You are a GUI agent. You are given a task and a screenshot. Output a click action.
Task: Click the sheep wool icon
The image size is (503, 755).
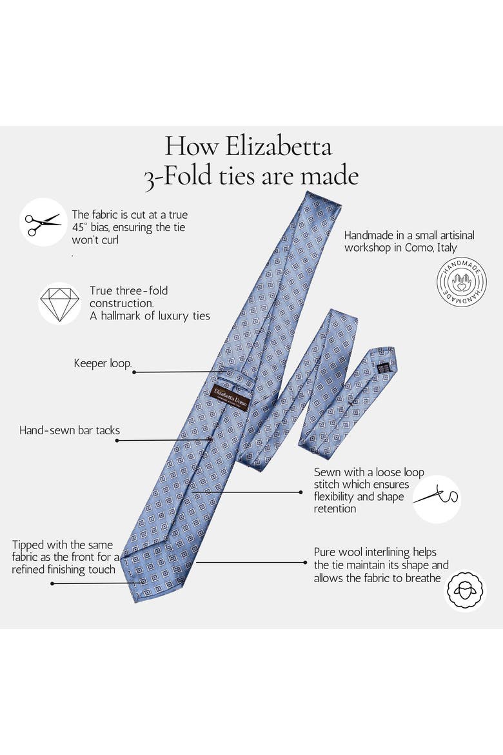tap(465, 591)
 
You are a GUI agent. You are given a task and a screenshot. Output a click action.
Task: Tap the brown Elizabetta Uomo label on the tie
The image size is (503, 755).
tap(231, 397)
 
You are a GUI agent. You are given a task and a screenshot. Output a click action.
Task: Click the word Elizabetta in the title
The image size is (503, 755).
tap(279, 146)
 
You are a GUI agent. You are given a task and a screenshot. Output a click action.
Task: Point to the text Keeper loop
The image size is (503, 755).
tap(103, 363)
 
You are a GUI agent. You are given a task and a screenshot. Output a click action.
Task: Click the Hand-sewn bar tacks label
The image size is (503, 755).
tap(70, 430)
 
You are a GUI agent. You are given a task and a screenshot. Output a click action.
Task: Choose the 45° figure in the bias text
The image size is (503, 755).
tap(79, 227)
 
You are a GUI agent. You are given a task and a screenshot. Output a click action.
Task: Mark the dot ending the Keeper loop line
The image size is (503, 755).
tap(134, 372)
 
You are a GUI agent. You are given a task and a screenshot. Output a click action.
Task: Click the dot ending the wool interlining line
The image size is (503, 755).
tap(305, 563)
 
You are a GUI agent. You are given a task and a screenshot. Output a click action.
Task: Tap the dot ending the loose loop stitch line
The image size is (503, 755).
tap(301, 492)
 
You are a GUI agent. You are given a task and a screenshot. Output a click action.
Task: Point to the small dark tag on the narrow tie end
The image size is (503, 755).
tap(383, 366)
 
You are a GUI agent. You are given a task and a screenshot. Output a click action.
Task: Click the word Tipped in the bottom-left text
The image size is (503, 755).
tap(28, 545)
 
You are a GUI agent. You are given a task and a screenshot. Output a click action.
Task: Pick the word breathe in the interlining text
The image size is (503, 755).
tap(422, 578)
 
